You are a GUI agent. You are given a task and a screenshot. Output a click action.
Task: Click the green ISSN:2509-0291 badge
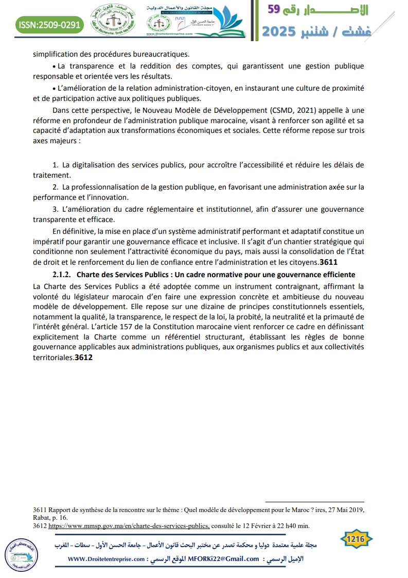(49, 24)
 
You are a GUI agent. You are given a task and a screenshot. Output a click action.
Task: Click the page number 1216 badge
(356, 539)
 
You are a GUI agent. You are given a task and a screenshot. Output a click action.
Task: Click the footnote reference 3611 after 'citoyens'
(328, 262)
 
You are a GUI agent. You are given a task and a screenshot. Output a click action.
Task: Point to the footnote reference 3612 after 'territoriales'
(83, 358)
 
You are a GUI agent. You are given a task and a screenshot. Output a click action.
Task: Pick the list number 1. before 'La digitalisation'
(56, 165)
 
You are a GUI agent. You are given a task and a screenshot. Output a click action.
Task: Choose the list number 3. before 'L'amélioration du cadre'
(56, 209)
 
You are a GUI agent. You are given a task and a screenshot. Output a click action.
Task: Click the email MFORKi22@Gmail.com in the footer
(224, 559)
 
